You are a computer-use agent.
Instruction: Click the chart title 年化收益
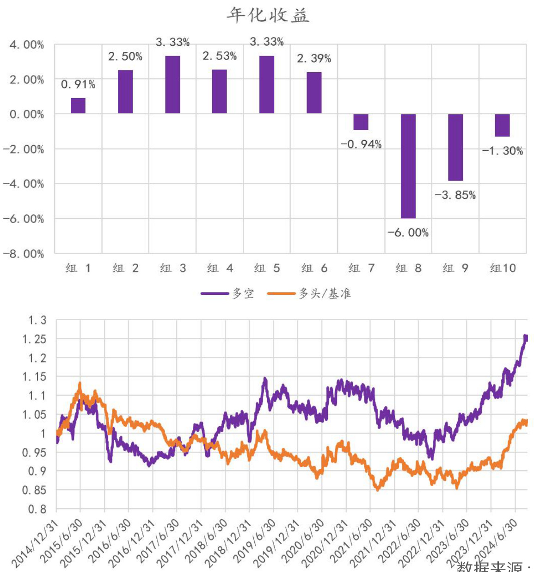click(267, 16)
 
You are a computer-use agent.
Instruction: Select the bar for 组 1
click(78, 106)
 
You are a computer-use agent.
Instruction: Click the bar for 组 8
click(408, 166)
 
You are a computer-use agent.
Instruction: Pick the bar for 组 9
click(455, 147)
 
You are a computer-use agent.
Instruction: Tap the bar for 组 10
click(502, 125)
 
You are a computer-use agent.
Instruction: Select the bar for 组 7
click(361, 122)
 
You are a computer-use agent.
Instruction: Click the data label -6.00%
click(408, 232)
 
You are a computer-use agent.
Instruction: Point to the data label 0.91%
click(78, 84)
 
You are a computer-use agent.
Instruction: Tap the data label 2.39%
click(314, 58)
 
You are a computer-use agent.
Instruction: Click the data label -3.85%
click(455, 195)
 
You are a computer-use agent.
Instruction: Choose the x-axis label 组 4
click(220, 268)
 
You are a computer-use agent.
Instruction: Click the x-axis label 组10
click(503, 268)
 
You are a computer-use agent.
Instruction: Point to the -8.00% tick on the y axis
click(24, 254)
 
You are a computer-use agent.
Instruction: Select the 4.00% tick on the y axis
click(27, 45)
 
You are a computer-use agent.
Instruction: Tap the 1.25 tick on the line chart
click(34, 339)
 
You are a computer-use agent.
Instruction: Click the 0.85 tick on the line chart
click(34, 490)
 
